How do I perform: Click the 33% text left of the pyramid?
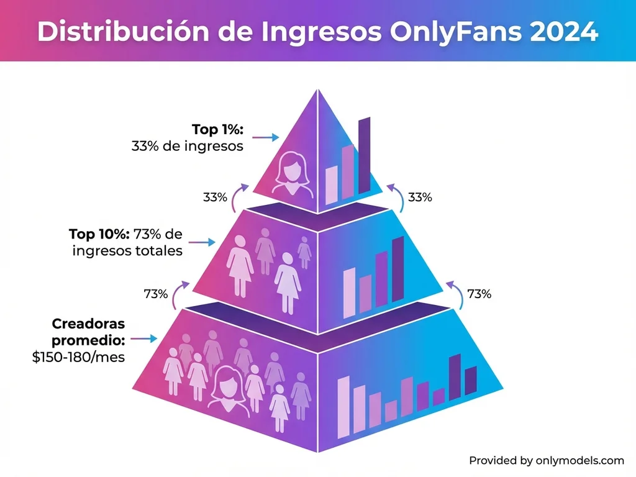(215, 198)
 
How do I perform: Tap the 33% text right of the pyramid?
(420, 198)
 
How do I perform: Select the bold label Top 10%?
(99, 234)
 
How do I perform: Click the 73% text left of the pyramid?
(155, 294)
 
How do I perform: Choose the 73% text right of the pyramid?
(479, 294)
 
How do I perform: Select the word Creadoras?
(88, 324)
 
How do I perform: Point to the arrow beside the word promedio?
(143, 339)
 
